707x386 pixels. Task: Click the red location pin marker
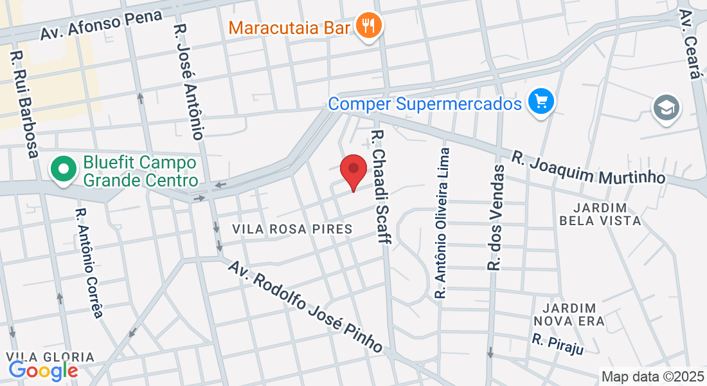tap(353, 169)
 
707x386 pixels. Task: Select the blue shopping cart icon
tap(541, 102)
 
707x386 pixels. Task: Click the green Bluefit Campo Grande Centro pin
tap(64, 170)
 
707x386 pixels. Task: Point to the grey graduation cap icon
tap(667, 107)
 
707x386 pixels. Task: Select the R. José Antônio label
tap(190, 82)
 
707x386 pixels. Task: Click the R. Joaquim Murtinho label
tap(588, 167)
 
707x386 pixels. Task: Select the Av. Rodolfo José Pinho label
tap(306, 307)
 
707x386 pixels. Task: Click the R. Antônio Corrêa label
tap(89, 262)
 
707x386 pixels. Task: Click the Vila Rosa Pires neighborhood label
tap(292, 229)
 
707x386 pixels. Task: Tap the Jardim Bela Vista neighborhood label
tap(600, 214)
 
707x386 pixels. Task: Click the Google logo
tap(43, 371)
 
